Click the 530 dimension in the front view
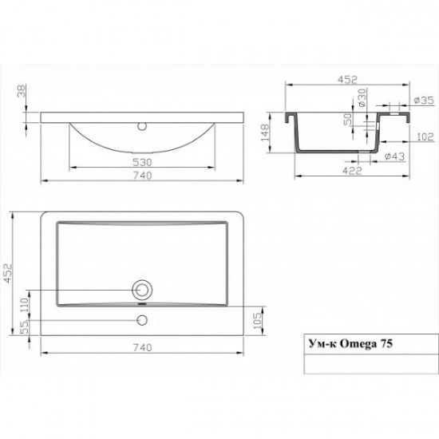[142, 162]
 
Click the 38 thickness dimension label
[22, 91]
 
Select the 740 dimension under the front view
[142, 176]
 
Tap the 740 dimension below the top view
[142, 347]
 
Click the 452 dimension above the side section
[347, 80]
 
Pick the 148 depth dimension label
[265, 132]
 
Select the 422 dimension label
[352, 170]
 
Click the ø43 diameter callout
[395, 156]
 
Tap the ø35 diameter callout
[424, 101]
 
